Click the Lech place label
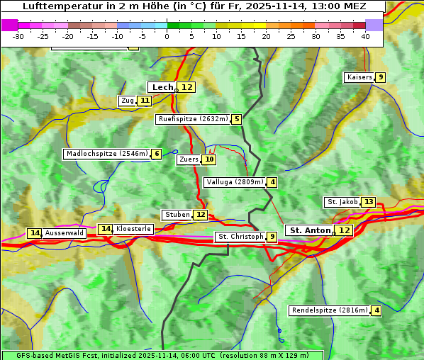(x=162, y=87)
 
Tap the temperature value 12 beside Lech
(x=186, y=87)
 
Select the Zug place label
(x=127, y=101)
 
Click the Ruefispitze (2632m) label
(x=193, y=119)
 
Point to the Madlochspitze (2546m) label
(x=106, y=154)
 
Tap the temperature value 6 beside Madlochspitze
(x=156, y=154)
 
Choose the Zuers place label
(x=188, y=159)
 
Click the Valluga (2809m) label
(x=235, y=182)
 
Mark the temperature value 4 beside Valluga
(x=273, y=182)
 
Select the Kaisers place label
(x=359, y=77)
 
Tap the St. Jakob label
(x=342, y=202)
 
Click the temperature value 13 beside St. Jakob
(x=369, y=202)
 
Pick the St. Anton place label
(x=310, y=230)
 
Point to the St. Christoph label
(x=240, y=237)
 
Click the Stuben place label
(x=177, y=215)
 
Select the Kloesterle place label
(x=133, y=229)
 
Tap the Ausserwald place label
(x=65, y=233)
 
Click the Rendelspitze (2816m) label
(x=330, y=310)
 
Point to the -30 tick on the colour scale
(x=19, y=36)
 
